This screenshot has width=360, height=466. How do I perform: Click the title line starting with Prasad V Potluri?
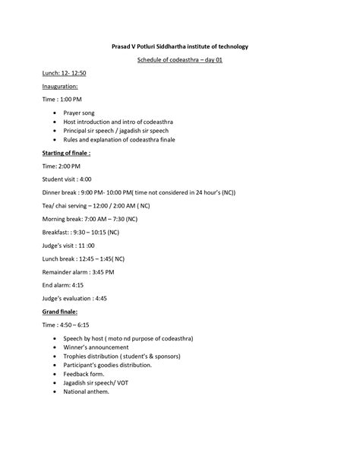[180, 46]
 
